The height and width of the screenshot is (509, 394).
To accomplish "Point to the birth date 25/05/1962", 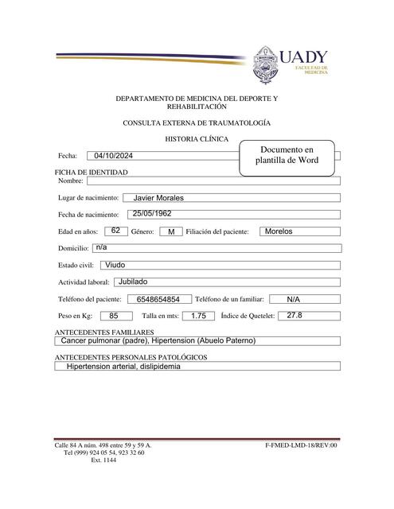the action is pyautogui.click(x=152, y=214).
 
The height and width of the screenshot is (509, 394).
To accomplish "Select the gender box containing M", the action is pyautogui.click(x=170, y=231).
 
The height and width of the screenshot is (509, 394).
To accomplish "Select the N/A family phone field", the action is pyautogui.click(x=293, y=299).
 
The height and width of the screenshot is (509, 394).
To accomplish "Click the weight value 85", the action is pyautogui.click(x=115, y=316).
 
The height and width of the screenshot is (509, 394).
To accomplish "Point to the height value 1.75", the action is pyautogui.click(x=198, y=316).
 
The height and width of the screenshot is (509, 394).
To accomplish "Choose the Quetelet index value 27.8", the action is pyautogui.click(x=295, y=315).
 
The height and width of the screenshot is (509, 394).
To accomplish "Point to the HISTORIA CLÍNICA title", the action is pyautogui.click(x=196, y=138).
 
